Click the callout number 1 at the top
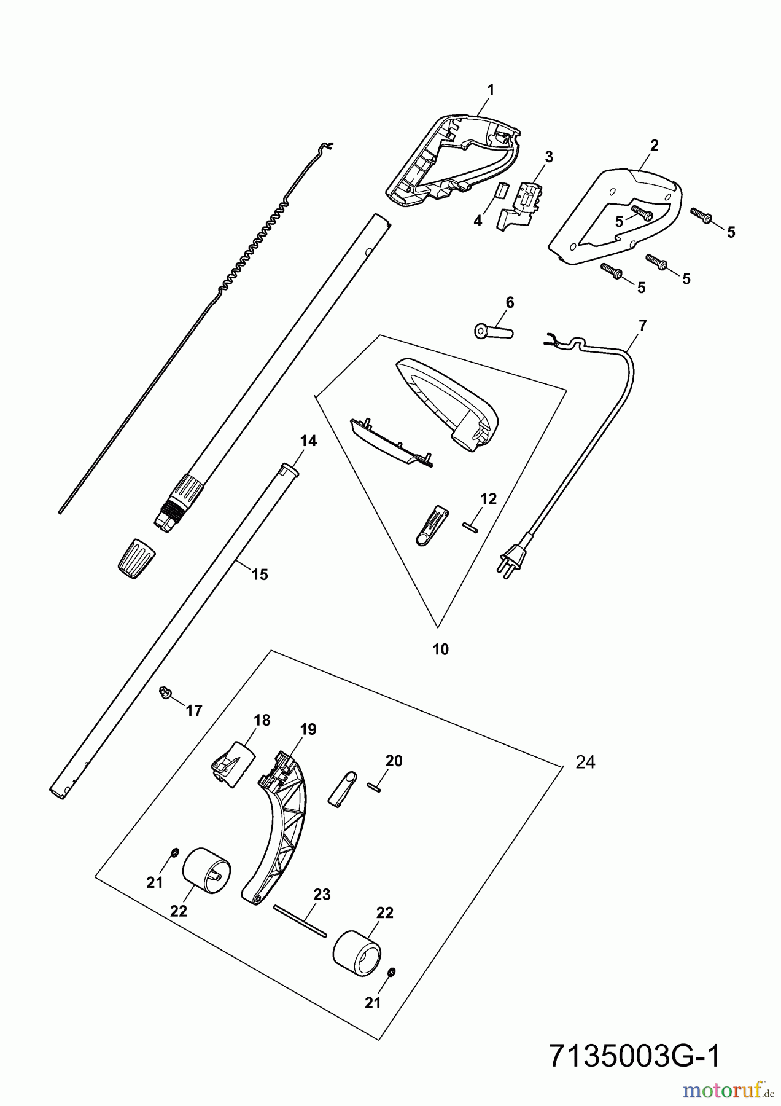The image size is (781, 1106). [490, 90]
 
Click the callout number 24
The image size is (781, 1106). [585, 762]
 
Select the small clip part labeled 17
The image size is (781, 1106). [164, 692]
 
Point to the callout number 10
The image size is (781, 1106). [441, 649]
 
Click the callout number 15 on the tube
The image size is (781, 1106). [260, 575]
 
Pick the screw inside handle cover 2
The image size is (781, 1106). [639, 213]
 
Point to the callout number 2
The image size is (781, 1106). [654, 146]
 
